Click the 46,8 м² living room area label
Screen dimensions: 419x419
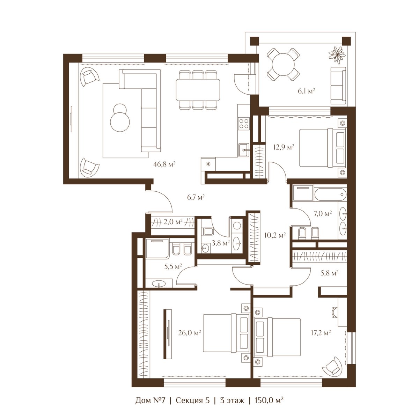pos(164,164)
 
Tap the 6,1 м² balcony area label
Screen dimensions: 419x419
pos(306,91)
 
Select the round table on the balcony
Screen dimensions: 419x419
pos(283,65)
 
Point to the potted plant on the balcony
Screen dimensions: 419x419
pos(337,54)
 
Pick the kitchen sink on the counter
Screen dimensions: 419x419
pos(244,150)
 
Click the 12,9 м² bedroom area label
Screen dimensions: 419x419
pos(284,147)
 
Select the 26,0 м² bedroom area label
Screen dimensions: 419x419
pos(189,333)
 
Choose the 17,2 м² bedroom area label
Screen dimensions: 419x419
pos(321,333)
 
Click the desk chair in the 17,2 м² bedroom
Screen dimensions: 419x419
pos(335,312)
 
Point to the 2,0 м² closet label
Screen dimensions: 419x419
pos(173,222)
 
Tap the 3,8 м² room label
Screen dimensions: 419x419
pos(221,243)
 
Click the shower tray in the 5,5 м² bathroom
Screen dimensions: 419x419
pos(157,249)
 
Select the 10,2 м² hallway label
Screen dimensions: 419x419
pos(275,235)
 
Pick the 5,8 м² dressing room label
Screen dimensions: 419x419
pos(329,273)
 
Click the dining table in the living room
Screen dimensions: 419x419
pos(198,90)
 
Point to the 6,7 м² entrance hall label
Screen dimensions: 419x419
pos(196,197)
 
